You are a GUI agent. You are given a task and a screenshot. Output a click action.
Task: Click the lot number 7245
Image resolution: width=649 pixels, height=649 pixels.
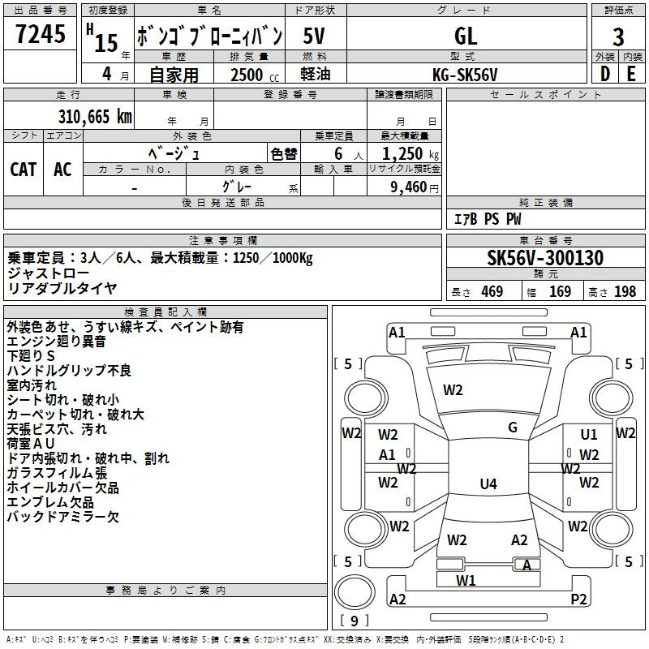[41, 34]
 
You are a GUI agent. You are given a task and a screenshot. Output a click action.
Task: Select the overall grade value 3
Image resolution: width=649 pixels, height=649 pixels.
[618, 37]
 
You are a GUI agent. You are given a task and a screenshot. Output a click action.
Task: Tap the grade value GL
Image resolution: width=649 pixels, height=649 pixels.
[466, 36]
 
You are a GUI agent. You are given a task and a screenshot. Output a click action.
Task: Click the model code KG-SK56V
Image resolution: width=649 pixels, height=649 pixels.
[465, 75]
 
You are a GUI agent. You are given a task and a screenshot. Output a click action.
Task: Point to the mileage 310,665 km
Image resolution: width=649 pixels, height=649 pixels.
[95, 117]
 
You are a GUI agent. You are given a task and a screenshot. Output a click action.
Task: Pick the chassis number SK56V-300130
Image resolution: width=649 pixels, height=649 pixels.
[545, 258]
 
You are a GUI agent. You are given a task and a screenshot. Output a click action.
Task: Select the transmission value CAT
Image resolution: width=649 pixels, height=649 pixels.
[24, 170]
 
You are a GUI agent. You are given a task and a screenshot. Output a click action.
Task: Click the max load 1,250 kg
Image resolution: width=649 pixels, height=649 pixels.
[410, 154]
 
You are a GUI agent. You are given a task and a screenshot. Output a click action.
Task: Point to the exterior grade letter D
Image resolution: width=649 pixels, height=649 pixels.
[605, 74]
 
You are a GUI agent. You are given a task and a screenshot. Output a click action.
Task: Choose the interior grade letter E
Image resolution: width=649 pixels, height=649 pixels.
[631, 74]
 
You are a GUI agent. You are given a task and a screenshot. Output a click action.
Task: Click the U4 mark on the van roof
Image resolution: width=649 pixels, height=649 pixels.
[488, 484]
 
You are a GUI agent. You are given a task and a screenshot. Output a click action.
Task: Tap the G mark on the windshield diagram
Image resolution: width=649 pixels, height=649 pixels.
[513, 428]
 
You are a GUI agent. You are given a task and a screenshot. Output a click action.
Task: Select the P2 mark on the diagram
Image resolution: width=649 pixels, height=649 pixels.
[578, 599]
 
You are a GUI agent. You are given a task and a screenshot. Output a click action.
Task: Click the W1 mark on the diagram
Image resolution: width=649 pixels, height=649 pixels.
[466, 580]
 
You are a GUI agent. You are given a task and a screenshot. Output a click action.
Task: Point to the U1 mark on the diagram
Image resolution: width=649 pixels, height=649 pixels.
[589, 434]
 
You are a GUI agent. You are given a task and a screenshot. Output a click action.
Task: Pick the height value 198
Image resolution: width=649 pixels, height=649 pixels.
[625, 291]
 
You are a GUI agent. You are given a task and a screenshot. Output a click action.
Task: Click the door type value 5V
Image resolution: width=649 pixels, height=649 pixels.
[314, 36]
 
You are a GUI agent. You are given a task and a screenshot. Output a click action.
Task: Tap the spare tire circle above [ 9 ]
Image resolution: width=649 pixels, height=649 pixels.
[355, 592]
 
